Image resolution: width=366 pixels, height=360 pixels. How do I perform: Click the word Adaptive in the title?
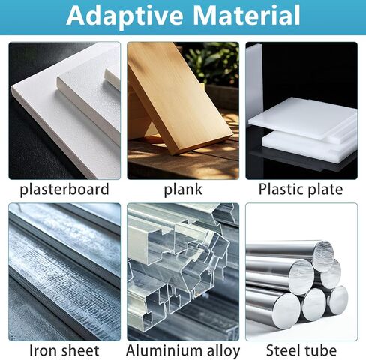point(124,16)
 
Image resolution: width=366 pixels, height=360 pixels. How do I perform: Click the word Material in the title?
point(247,15)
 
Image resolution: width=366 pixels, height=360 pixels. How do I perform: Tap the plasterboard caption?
point(64,190)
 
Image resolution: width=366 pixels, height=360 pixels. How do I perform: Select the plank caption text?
point(183,190)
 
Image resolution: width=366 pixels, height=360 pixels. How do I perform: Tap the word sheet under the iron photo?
point(79,350)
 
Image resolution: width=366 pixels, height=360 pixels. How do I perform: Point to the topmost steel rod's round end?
point(323,256)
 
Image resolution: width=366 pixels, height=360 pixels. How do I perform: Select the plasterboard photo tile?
point(64,111)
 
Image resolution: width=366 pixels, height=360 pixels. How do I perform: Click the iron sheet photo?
point(64,271)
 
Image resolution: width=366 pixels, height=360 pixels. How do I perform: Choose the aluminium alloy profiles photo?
point(183,271)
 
